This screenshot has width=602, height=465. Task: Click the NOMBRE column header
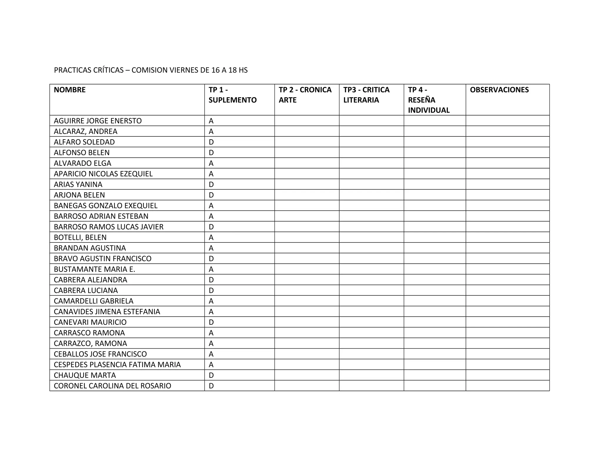coord(70,90)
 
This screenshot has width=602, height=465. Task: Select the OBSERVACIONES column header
coord(499,90)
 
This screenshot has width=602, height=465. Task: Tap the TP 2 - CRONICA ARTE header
coord(305,95)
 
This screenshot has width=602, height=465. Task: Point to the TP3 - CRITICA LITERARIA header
coord(366,95)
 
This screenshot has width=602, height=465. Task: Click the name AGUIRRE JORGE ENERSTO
coord(98,121)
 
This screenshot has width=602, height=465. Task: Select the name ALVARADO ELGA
coord(82,163)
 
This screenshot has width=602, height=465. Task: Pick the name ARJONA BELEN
coord(79,195)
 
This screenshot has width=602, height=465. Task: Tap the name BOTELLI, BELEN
coord(80,237)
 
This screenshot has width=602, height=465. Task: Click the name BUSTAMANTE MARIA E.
coord(94,269)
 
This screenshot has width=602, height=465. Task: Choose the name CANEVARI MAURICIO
coord(90,322)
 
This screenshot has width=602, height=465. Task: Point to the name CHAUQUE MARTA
coord(85,375)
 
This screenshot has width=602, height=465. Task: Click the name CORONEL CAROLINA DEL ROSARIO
coord(112,386)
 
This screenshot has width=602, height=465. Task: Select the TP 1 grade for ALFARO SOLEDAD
coord(211,142)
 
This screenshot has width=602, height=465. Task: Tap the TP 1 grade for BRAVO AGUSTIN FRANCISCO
coord(211,259)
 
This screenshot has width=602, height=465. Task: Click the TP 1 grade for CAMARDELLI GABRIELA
coord(211,301)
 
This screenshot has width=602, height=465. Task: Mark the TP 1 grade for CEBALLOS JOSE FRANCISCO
coord(211,354)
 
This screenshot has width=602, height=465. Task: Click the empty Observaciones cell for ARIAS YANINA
coord(507,184)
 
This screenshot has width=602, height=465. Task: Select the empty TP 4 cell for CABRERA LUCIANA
coord(434,290)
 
